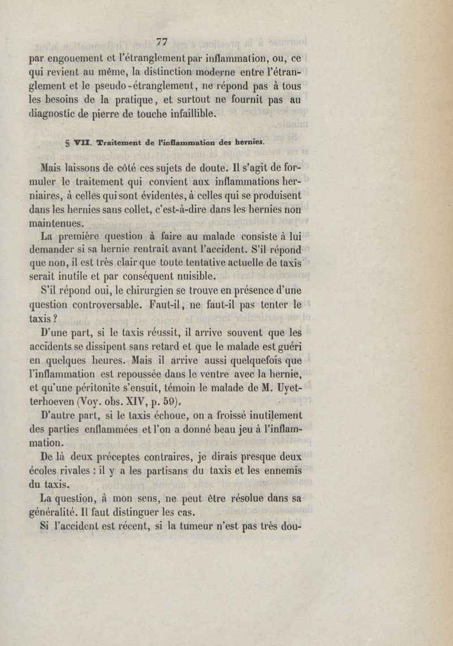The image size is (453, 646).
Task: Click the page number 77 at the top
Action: [x=163, y=41]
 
